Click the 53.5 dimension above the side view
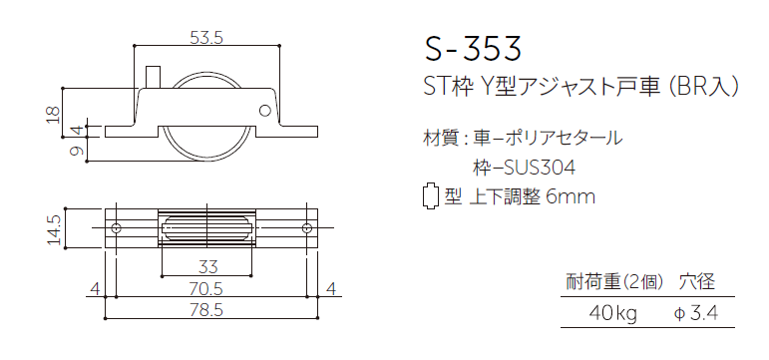(x=205, y=38)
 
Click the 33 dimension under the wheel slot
(x=208, y=266)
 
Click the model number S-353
(x=472, y=47)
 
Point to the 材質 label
(x=441, y=137)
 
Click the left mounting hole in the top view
(x=117, y=229)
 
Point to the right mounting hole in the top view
(x=305, y=229)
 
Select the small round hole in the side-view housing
(x=265, y=110)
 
